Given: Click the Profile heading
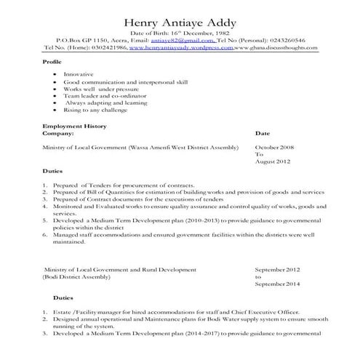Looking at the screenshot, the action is click(x=53, y=62).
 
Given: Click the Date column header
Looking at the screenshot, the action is click(x=263, y=134).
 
